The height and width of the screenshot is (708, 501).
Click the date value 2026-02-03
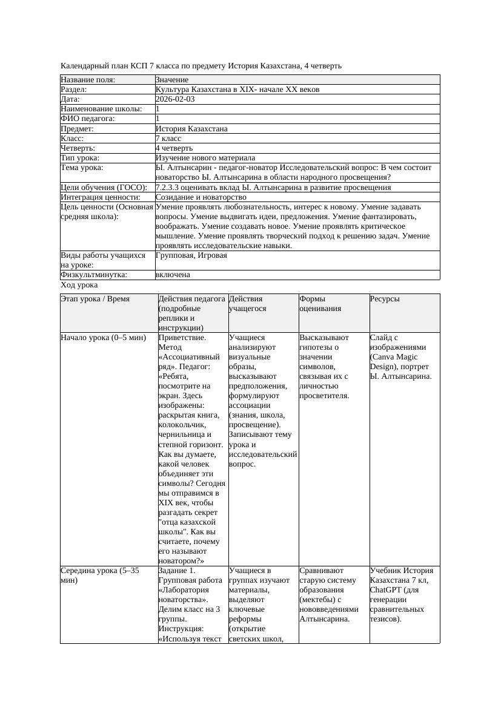pos(175,99)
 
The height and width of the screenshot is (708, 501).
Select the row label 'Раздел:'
pos(76,90)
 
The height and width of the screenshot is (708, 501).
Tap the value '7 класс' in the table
pos(168,139)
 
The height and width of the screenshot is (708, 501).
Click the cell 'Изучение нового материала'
pos(205,158)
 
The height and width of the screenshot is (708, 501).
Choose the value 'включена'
pos(173,275)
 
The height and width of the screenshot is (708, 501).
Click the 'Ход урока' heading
pos(79,285)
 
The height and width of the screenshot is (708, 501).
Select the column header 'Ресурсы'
pos(385,299)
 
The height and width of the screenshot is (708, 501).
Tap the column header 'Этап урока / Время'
pos(95,299)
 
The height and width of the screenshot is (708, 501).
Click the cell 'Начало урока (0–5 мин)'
pos(104,338)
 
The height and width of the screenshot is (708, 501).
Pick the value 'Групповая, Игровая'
pos(191,255)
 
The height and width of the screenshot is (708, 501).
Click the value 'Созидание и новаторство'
pos(201,197)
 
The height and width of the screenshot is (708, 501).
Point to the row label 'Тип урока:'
pos(80,158)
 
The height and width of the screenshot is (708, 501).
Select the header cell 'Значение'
pos(172,80)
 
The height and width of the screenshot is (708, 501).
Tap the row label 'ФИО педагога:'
pos(88,119)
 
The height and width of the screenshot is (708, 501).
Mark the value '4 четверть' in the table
pos(174,148)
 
